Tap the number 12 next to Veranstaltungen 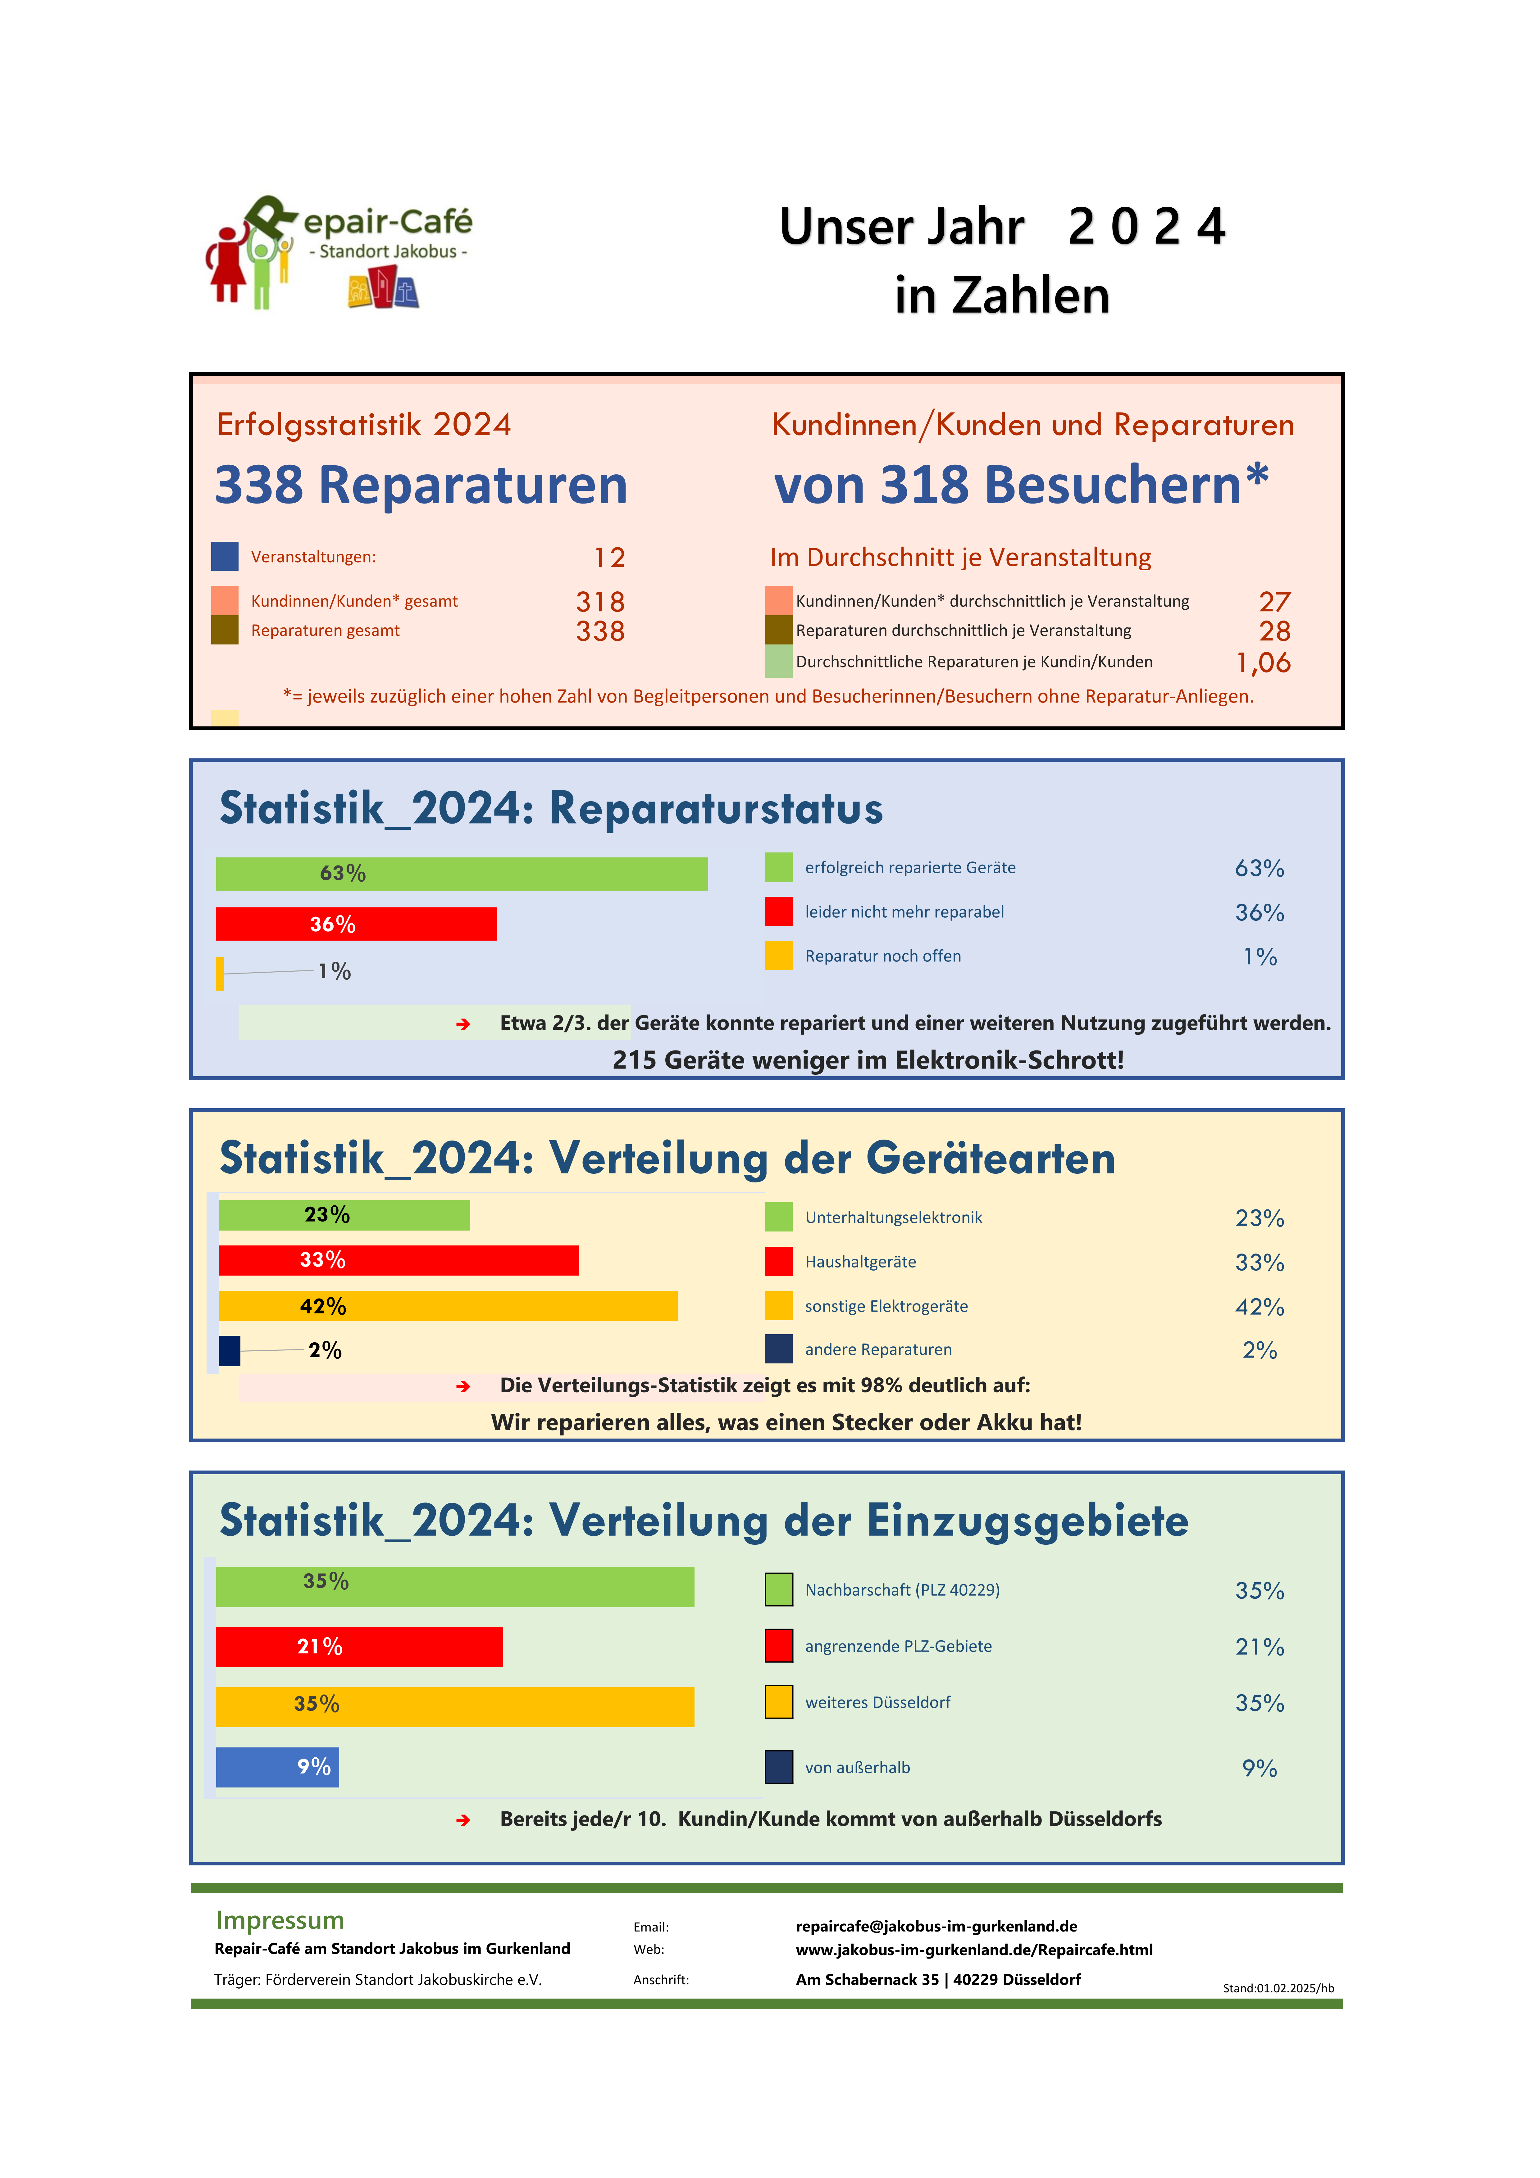coord(609,558)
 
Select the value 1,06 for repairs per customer coord(1263,662)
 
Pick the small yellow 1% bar coord(220,973)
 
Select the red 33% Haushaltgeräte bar coord(399,1261)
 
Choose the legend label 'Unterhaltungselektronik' coord(893,1218)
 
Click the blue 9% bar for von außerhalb coord(277,1767)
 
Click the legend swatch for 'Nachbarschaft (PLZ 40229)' coord(778,1590)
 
